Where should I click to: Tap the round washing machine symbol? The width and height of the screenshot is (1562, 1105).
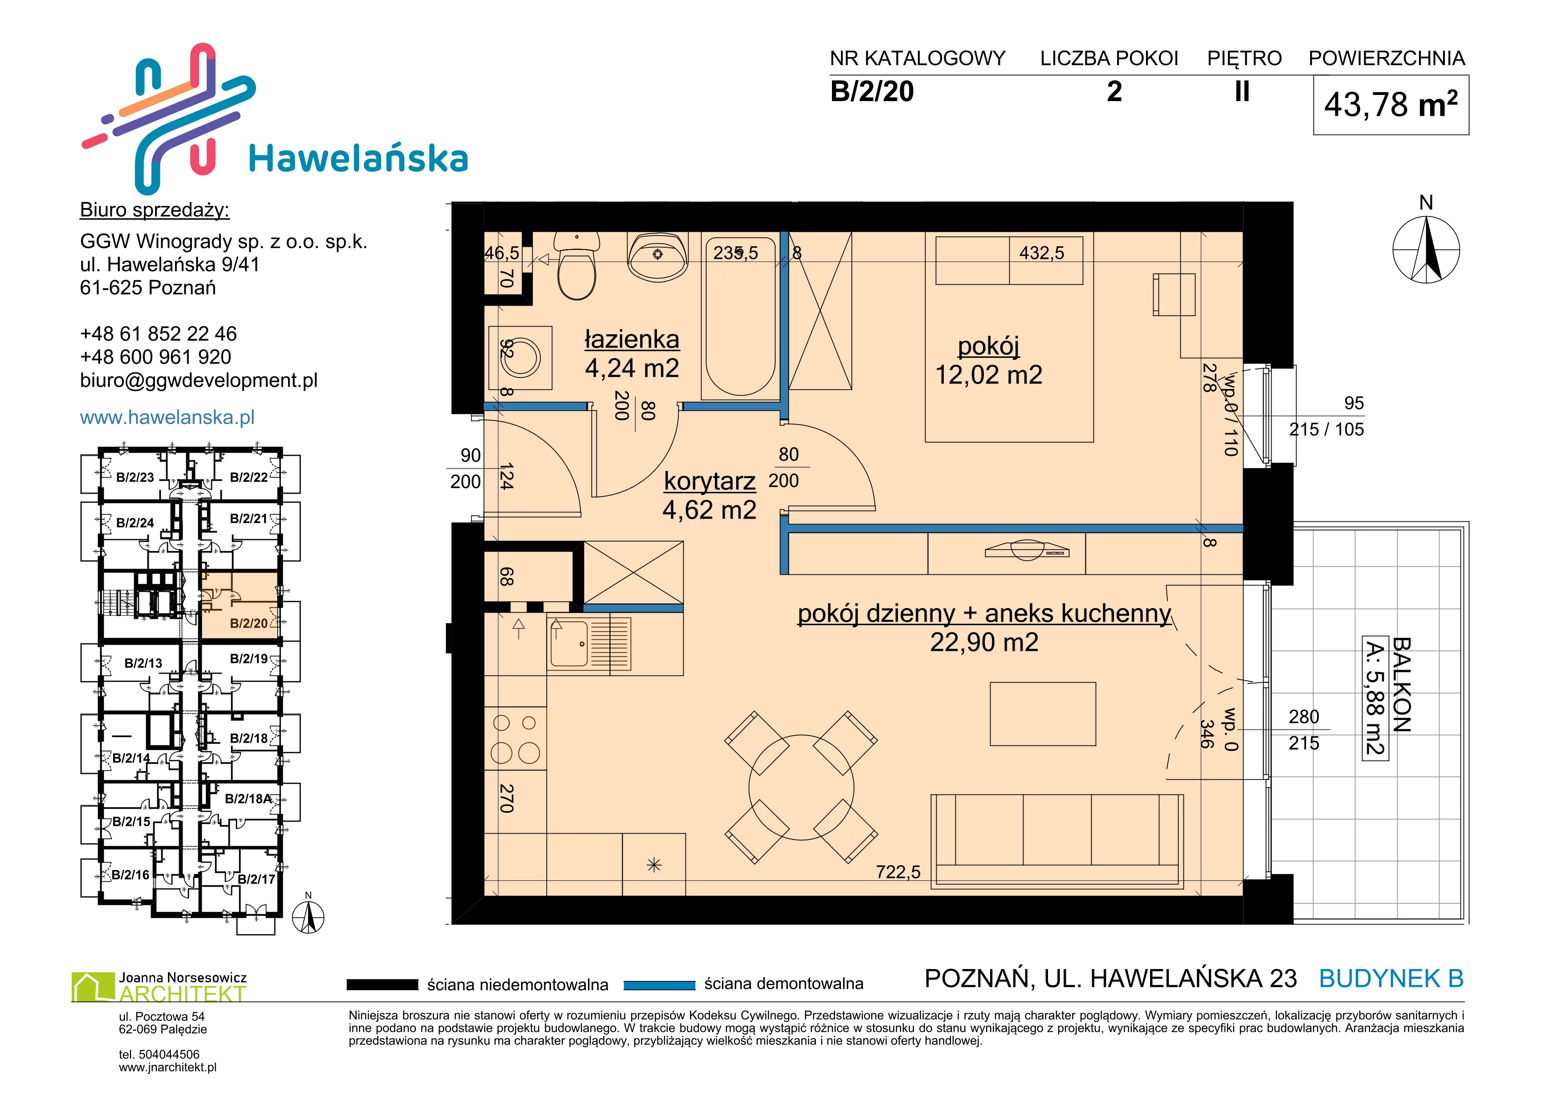point(520,358)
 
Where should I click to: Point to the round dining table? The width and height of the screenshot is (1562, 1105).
point(801,787)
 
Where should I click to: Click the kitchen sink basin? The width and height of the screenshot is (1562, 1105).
point(569,643)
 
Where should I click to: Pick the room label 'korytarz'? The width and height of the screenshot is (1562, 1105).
point(710,481)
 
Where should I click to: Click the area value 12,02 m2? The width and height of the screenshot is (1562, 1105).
point(988,375)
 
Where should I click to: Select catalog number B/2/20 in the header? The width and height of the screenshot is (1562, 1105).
point(872,91)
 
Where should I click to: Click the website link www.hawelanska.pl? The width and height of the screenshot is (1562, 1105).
point(167,417)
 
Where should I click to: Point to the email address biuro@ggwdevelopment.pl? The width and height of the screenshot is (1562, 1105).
point(199,381)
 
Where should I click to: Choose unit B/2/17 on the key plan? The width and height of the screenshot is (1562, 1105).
point(257,879)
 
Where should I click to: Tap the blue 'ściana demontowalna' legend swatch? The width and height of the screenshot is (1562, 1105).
point(659,985)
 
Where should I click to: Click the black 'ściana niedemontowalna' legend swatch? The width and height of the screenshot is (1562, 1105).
point(382,985)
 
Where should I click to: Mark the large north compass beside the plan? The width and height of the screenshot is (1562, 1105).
point(1426,250)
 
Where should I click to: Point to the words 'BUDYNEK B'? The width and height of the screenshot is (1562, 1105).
point(1391,978)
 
